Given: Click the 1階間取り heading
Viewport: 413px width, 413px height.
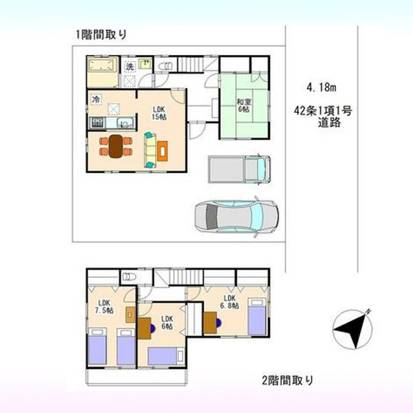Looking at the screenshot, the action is (101, 34).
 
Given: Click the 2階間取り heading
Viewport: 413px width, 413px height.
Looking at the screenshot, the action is (288, 380).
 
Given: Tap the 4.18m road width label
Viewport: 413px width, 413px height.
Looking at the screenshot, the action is (321, 87).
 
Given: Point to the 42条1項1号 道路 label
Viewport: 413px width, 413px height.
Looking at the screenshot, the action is (323, 117).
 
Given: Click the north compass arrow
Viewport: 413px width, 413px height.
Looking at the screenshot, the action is (352, 329).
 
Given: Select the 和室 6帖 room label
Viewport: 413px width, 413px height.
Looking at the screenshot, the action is (244, 105).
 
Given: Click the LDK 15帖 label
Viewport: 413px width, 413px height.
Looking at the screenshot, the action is (159, 113).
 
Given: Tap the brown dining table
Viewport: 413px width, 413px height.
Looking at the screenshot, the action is (116, 147).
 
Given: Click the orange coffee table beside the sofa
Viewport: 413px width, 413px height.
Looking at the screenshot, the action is (162, 151).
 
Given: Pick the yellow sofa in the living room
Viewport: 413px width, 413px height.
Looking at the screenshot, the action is (150, 150).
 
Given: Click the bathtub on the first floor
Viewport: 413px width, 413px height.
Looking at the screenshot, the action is (101, 65).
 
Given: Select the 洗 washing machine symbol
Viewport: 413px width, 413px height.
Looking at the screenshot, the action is (129, 66).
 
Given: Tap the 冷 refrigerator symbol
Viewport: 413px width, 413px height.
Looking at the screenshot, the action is (96, 100).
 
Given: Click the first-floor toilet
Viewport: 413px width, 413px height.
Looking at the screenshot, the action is (166, 66).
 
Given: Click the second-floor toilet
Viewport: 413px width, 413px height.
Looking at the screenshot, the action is (129, 277).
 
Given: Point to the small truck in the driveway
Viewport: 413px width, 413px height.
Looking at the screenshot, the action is (239, 169).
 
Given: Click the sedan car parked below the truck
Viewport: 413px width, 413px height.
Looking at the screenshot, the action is (236, 217).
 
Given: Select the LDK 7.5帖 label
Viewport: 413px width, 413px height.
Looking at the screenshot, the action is (104, 306).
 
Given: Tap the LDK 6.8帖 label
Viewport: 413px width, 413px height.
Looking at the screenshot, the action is (229, 302).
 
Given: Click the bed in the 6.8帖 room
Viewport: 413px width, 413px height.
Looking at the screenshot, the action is (257, 317).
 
